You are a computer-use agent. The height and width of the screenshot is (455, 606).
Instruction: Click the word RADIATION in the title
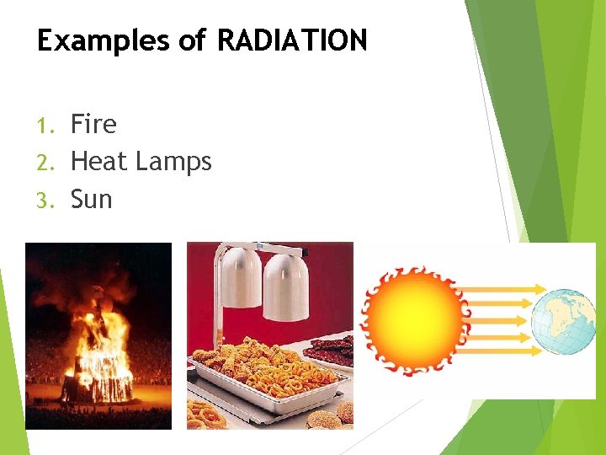(x=292, y=40)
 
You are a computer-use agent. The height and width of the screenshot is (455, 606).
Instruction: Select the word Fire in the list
(x=93, y=125)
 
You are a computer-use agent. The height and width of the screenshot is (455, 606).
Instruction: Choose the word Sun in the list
(x=91, y=199)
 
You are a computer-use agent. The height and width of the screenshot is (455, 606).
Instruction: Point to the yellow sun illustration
(x=415, y=320)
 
